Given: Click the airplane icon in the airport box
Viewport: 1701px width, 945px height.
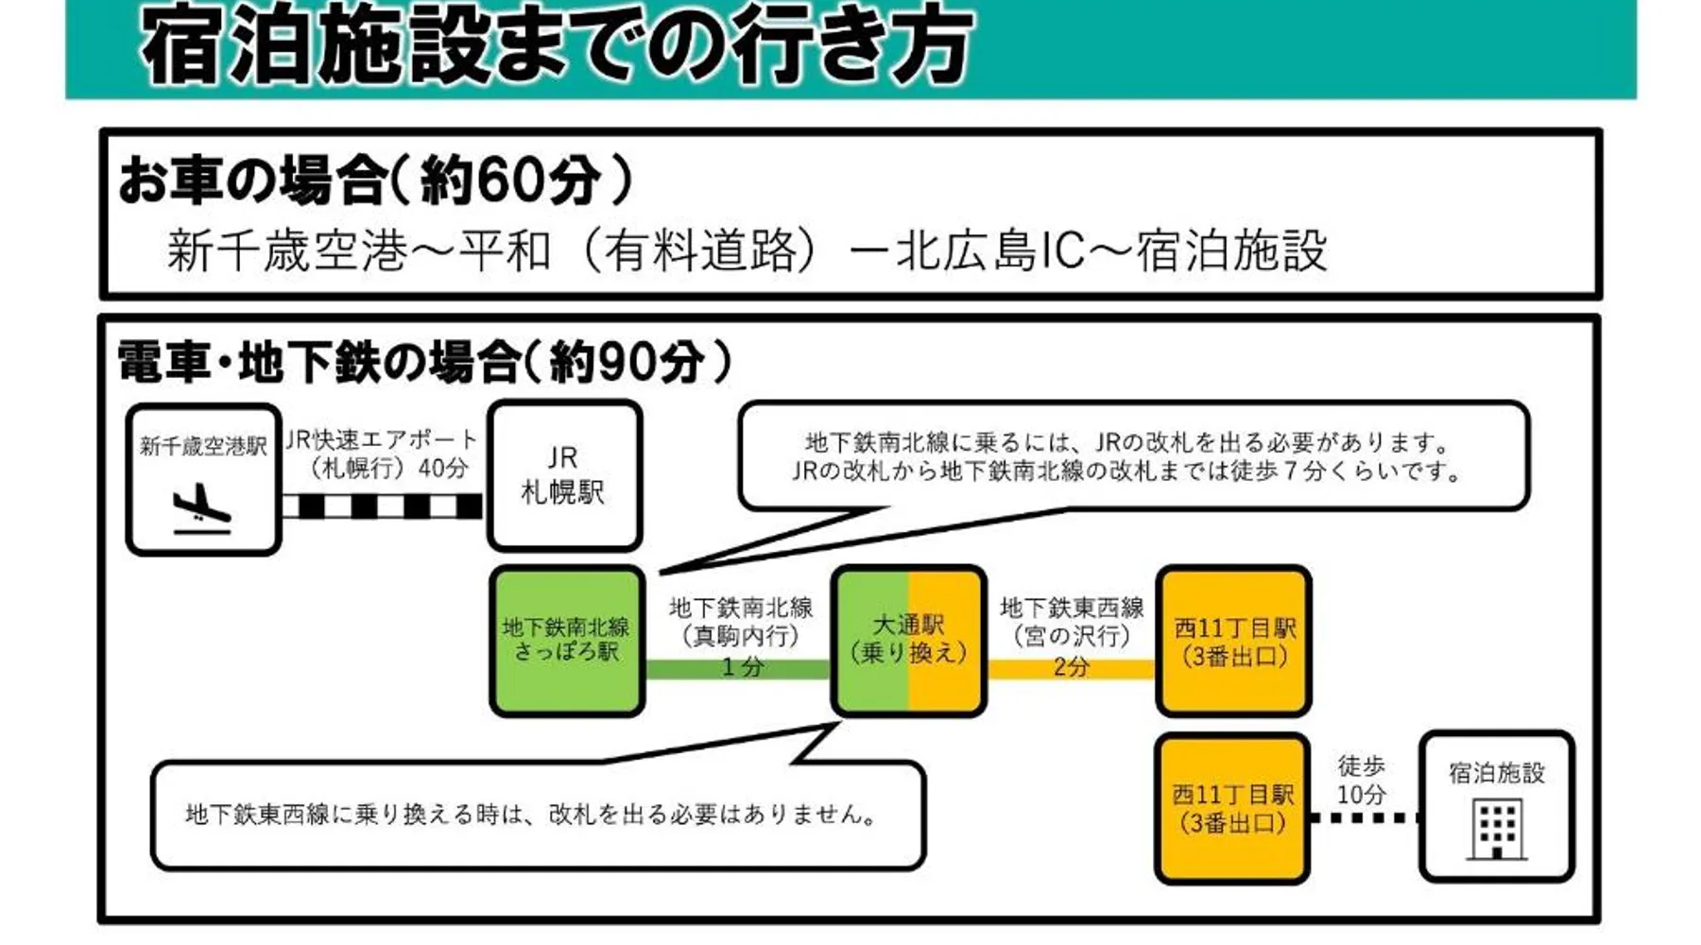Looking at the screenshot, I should click(202, 509).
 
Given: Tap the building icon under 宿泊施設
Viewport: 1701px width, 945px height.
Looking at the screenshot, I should click(1497, 829).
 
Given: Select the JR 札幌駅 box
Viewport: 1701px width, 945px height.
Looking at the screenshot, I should click(564, 475).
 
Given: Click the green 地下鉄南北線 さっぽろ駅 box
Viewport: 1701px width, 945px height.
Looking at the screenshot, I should click(566, 640).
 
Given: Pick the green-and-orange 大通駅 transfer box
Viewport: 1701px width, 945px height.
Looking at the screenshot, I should click(908, 640).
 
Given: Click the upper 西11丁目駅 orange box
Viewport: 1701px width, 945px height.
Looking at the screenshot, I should click(1233, 641).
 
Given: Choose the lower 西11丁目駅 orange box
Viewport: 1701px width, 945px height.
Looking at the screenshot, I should click(1231, 808).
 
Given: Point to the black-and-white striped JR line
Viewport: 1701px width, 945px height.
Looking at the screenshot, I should click(383, 507).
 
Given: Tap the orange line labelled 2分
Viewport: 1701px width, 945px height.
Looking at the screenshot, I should click(1071, 669).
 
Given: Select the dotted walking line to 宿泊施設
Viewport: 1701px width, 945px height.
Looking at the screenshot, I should click(1364, 818).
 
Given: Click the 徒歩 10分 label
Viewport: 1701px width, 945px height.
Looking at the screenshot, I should click(1361, 780).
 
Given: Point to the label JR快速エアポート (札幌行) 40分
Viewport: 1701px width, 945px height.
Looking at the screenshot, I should click(383, 454).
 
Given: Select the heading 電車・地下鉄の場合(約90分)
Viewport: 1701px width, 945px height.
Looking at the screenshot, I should click(424, 362).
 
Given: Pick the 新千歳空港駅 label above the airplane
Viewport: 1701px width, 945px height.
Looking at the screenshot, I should click(203, 445).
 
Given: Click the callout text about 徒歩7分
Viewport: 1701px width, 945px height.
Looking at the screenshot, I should click(1126, 470).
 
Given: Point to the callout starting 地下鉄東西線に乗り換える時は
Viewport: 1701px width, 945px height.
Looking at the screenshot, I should click(531, 814).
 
